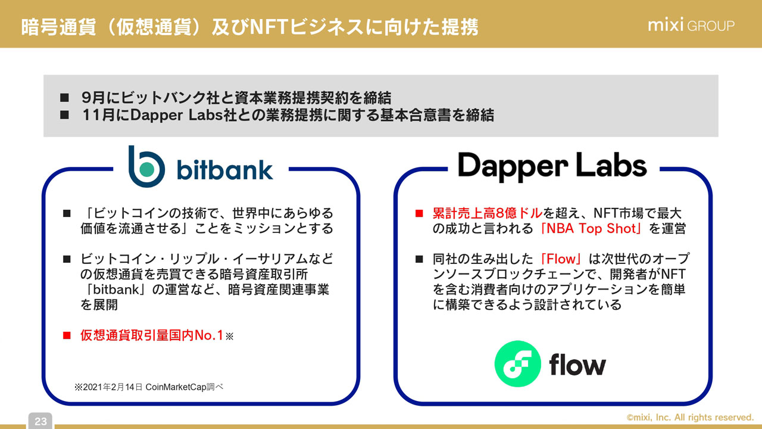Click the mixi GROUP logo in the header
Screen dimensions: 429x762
(691, 26)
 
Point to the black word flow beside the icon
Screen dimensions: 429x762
(577, 364)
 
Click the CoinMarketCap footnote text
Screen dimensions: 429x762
(149, 387)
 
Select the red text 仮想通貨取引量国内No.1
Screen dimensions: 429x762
(152, 336)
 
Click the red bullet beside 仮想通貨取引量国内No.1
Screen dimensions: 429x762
(67, 336)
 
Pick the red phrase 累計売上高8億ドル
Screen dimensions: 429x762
(488, 213)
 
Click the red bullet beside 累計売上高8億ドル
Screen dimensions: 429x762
(419, 213)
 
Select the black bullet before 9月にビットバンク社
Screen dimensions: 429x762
(65, 98)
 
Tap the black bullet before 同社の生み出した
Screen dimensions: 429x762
(419, 259)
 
